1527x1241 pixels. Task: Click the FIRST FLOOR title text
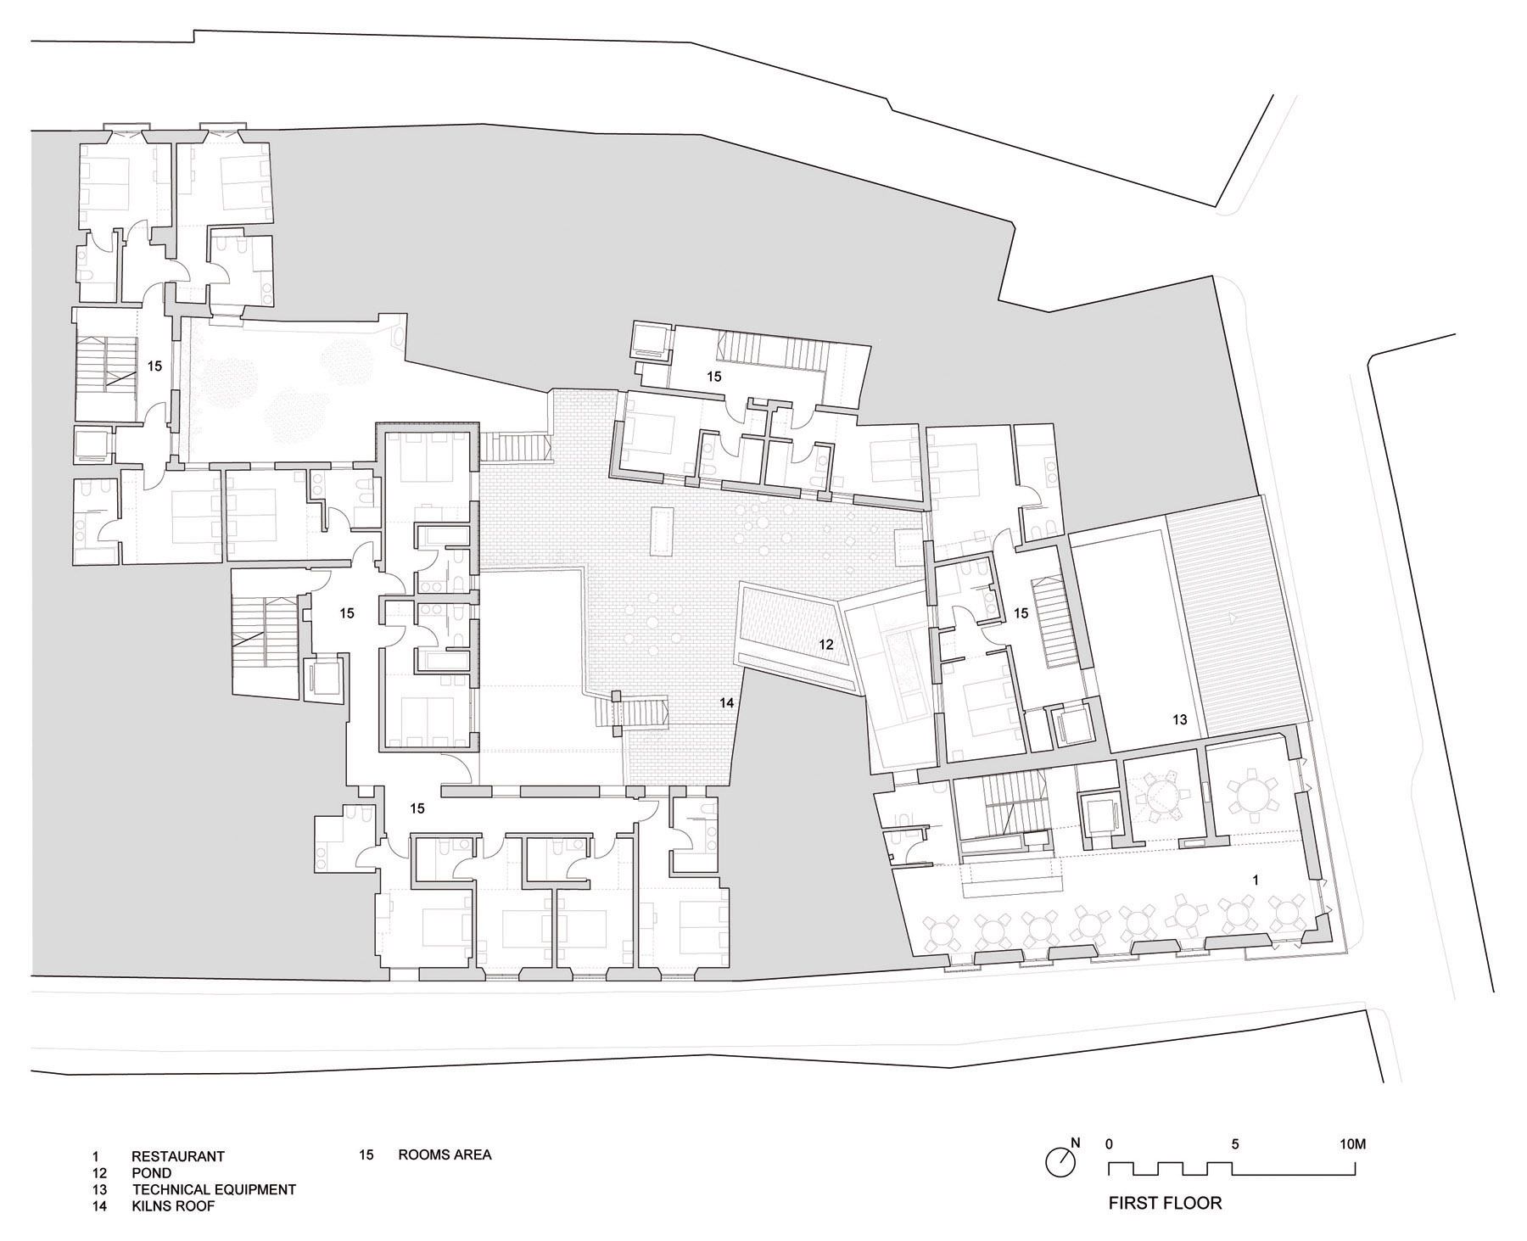click(1166, 1203)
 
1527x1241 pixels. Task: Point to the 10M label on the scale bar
click(1353, 1143)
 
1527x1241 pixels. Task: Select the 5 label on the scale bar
click(1235, 1143)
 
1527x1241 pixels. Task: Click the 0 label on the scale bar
click(1110, 1143)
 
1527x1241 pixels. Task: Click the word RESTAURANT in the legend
click(178, 1156)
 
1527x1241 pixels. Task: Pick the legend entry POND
click(152, 1173)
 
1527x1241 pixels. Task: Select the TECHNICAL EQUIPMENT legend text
click(214, 1189)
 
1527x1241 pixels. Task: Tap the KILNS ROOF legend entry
click(173, 1205)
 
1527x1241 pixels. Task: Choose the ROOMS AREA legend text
click(445, 1154)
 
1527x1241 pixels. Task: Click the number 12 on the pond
click(826, 645)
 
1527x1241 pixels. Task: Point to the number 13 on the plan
click(1180, 719)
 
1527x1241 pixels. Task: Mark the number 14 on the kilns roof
click(726, 702)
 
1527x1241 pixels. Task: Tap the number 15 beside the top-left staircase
click(154, 366)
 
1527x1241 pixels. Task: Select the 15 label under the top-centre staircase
click(714, 377)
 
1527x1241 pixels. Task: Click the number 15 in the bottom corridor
click(417, 808)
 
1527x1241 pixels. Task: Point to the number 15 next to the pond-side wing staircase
click(1021, 612)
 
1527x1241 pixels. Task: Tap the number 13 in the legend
click(100, 1189)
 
